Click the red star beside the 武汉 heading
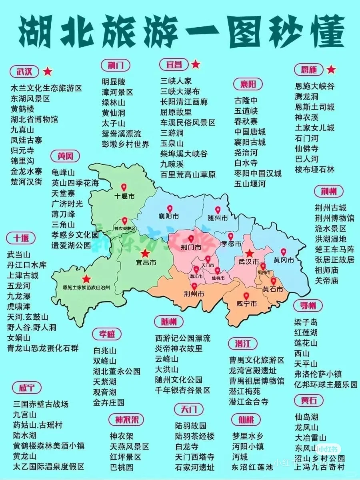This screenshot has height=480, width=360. pyautogui.click(x=48, y=72)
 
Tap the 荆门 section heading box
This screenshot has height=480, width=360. pyautogui.click(x=115, y=65)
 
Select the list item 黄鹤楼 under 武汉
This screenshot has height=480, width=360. pyautogui.click(x=22, y=109)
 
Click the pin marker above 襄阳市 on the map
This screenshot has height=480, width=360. pyautogui.click(x=170, y=209)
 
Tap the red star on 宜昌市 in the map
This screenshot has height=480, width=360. pyautogui.click(x=144, y=253)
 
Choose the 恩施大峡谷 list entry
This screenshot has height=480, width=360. pyautogui.click(x=314, y=86)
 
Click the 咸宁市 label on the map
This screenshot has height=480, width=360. pyautogui.click(x=246, y=304)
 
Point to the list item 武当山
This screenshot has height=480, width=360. pyautogui.click(x=19, y=254)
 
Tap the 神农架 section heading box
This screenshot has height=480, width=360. pyautogui.click(x=126, y=420)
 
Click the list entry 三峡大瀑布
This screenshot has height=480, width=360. pyautogui.click(x=180, y=92)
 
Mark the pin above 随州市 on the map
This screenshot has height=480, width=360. pyautogui.click(x=218, y=210)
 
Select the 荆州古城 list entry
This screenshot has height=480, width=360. pyautogui.click(x=330, y=208)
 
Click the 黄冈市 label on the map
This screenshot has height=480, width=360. pyautogui.click(x=284, y=260)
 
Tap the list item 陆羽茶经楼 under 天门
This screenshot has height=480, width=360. pyautogui.click(x=195, y=436)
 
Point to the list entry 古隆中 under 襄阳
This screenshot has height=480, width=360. pyautogui.click(x=246, y=100)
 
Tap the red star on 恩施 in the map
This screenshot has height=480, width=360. pyautogui.click(x=86, y=279)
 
